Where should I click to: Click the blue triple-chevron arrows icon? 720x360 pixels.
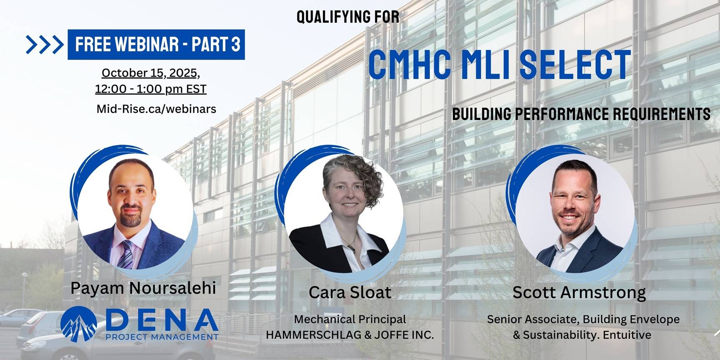point(44,45)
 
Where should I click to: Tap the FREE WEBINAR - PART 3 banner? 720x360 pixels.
point(156,44)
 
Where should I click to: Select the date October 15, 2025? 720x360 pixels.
point(150,73)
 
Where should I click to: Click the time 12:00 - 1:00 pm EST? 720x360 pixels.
point(150,89)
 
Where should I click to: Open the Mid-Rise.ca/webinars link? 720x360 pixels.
point(156,109)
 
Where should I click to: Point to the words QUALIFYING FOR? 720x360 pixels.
point(347,17)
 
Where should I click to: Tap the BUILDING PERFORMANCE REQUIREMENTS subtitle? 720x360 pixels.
point(581,114)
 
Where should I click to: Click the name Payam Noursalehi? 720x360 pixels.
point(143,288)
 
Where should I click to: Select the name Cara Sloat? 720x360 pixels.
point(350,292)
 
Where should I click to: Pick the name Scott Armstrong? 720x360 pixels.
point(579,292)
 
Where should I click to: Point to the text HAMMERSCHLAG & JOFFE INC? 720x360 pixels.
point(350,335)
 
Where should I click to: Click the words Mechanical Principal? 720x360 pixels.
point(350,319)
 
